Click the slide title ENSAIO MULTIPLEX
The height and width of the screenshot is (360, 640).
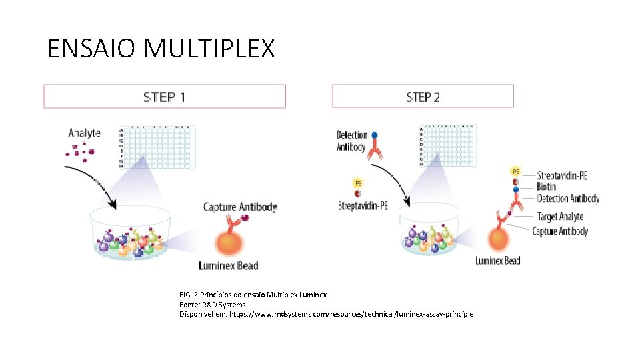click(161, 49)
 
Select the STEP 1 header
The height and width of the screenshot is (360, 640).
click(164, 97)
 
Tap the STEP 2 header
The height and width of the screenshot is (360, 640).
click(423, 97)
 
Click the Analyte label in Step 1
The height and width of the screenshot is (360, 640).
click(85, 133)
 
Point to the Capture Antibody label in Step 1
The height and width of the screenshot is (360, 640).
click(240, 207)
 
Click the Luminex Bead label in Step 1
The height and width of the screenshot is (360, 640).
click(229, 265)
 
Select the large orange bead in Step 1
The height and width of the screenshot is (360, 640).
click(228, 241)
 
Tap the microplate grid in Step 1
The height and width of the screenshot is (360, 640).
click(156, 146)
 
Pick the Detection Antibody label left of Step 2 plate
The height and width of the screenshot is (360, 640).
click(351, 141)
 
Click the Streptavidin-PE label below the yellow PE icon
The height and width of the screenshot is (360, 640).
click(363, 205)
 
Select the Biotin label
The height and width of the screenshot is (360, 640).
click(546, 187)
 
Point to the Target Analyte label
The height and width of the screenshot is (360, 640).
click(560, 217)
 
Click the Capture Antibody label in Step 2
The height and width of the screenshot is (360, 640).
click(560, 231)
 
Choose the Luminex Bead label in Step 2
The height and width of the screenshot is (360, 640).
click(497, 261)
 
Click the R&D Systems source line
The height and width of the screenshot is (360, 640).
click(212, 305)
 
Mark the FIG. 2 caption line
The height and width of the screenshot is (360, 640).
click(253, 295)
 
